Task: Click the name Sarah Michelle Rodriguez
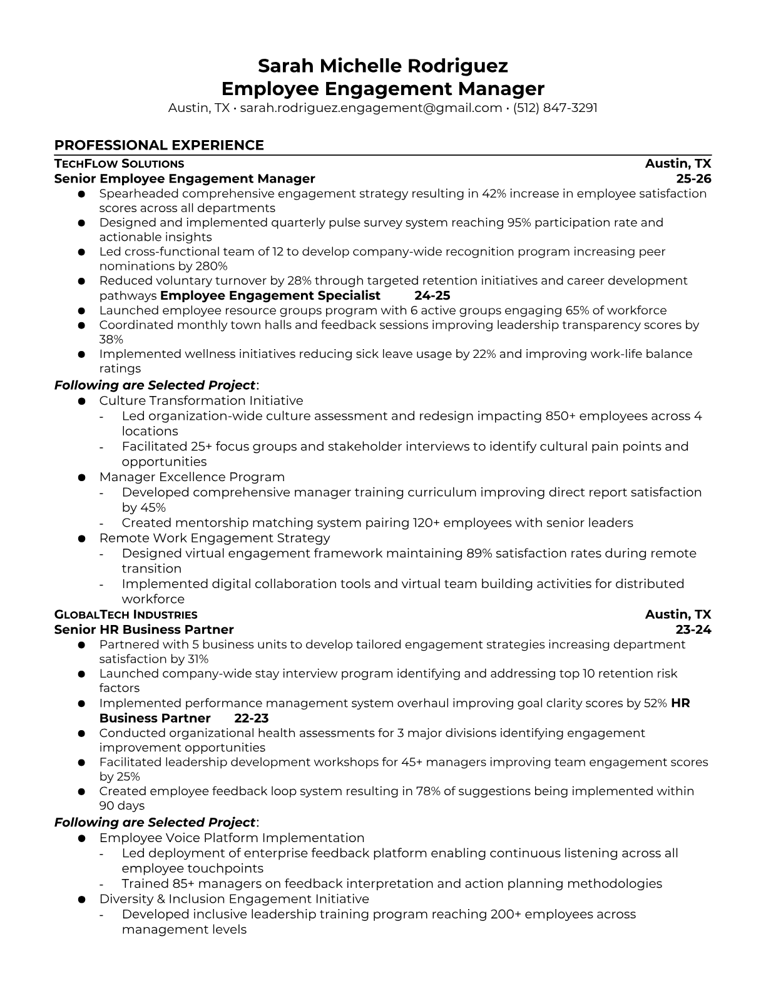pos(383,66)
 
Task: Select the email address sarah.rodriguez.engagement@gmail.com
pos(371,108)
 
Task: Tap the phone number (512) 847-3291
pos(555,108)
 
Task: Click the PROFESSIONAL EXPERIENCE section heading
pos(159,145)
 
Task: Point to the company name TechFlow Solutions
pos(119,164)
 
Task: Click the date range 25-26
pos(694,179)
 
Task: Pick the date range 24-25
pos(432,295)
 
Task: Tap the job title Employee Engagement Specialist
pos(270,295)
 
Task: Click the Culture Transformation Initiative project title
pos(201,400)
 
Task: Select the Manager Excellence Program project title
pos(191,477)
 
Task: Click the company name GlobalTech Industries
pos(126,614)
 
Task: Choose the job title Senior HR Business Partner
pos(144,629)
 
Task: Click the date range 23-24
pos(693,629)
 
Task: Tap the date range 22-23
pos(252,718)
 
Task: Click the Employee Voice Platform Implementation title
pos(232,838)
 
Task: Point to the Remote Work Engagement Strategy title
pos(214,538)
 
